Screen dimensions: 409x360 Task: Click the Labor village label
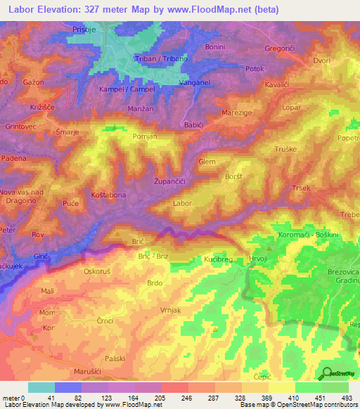click(x=182, y=203)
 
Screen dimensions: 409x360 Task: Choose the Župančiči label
click(x=169, y=181)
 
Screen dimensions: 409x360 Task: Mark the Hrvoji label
click(x=258, y=258)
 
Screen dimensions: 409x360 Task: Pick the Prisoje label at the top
click(x=89, y=29)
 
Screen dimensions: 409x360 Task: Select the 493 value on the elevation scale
click(x=347, y=398)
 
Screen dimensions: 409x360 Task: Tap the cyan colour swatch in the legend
click(x=41, y=387)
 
